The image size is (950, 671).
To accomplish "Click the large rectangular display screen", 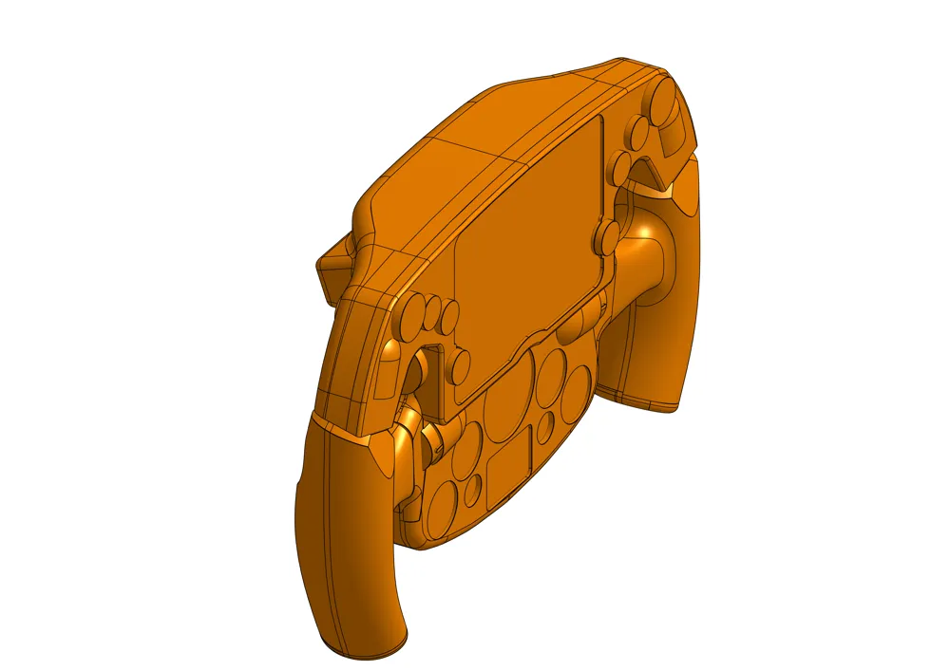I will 527,256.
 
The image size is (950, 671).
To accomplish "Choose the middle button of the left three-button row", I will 436,311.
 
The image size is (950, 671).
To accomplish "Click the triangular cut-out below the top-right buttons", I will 653,173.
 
